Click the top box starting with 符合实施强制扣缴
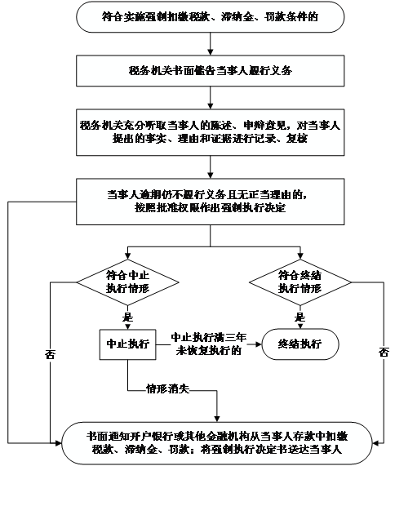pyautogui.click(x=210, y=17)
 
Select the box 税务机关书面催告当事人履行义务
pyautogui.click(x=210, y=71)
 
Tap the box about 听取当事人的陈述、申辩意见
pyautogui.click(x=210, y=132)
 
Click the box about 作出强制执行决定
pyautogui.click(x=210, y=202)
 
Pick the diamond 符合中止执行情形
pyautogui.click(x=127, y=282)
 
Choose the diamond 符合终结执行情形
pyautogui.click(x=300, y=282)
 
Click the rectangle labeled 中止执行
pyautogui.click(x=127, y=344)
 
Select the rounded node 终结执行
pyautogui.click(x=300, y=344)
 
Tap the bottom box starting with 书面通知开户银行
pyautogui.click(x=216, y=443)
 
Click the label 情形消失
pyautogui.click(x=167, y=388)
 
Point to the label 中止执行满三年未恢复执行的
pyautogui.click(x=209, y=344)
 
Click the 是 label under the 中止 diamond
pyautogui.click(x=127, y=317)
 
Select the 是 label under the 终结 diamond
pyautogui.click(x=299, y=317)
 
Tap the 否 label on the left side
pyautogui.click(x=50, y=354)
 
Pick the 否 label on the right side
pyautogui.click(x=384, y=352)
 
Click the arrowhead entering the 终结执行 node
pyautogui.click(x=259, y=344)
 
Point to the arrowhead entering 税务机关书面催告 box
pyautogui.click(x=210, y=52)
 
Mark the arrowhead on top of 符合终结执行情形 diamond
pyautogui.click(x=300, y=256)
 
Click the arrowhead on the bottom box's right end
pyautogui.click(x=375, y=443)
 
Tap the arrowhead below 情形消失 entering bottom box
pyautogui.click(x=217, y=419)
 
